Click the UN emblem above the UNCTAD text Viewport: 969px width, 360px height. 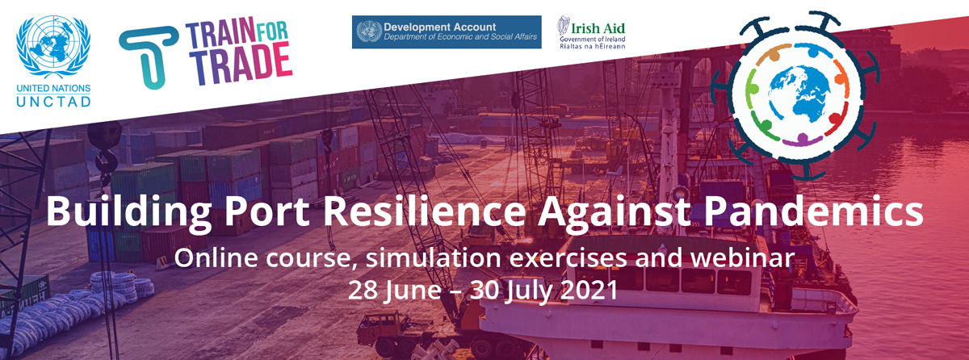coord(53,47)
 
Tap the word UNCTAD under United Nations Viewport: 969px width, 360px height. coord(53,102)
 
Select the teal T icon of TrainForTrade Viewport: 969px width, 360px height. coord(149,57)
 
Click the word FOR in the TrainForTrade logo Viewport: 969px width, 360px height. coord(271,31)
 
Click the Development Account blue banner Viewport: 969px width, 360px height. coord(447,32)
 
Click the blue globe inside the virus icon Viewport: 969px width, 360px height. coord(799,94)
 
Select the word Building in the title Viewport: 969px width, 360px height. coord(129,211)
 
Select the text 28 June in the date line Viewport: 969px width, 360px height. coord(395,291)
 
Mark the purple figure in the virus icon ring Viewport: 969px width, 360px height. coord(803,139)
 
